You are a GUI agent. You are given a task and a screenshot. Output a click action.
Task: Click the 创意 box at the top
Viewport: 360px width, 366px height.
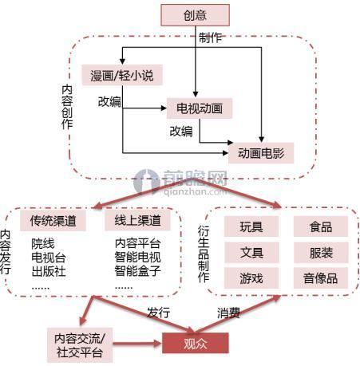tap(195, 15)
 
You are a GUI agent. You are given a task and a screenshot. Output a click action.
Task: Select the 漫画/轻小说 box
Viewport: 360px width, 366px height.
tap(122, 75)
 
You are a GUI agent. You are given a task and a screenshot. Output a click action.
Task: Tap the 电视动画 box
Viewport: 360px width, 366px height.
tap(200, 108)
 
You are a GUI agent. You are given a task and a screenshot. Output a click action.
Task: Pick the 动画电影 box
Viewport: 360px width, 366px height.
tap(261, 153)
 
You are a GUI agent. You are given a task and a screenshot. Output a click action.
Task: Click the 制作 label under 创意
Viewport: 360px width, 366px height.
tap(210, 38)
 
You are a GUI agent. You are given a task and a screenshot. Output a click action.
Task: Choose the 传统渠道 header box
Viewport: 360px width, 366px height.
tap(53, 221)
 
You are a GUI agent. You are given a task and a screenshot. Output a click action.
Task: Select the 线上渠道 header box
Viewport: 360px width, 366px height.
tap(137, 220)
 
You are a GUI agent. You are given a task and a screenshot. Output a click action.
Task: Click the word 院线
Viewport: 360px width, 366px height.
tap(43, 243)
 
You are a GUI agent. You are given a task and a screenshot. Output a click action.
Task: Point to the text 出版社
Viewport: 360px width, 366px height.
tap(49, 271)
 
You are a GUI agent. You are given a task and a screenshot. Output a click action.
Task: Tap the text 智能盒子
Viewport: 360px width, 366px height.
tap(137, 271)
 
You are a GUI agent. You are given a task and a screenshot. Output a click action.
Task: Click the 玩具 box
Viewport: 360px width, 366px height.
tap(251, 226)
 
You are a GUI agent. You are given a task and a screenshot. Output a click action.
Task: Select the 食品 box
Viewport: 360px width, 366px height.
tap(321, 226)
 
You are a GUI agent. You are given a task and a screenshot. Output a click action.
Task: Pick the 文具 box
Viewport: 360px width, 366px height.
tap(251, 252)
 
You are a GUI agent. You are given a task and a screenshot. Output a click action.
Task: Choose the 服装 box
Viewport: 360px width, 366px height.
tap(321, 252)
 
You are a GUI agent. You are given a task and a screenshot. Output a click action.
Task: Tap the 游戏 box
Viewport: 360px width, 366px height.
tap(251, 278)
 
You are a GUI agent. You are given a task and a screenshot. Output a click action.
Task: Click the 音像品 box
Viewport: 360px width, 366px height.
tap(321, 278)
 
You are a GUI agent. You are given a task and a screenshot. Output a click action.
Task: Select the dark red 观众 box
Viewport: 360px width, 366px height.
tap(196, 343)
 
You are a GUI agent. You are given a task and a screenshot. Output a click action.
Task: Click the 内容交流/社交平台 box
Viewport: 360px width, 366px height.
tap(80, 345)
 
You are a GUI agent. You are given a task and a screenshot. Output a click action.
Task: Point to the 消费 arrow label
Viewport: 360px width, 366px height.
tap(228, 313)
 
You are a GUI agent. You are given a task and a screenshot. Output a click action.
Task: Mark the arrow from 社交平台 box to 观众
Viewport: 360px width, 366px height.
tap(137, 344)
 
